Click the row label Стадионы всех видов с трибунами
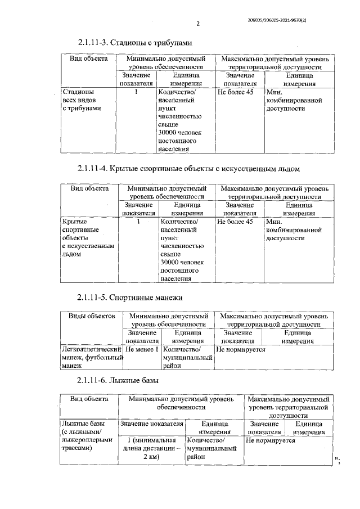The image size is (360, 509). (82, 100)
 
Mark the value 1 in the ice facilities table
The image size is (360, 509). (137, 222)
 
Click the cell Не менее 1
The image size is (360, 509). (142, 349)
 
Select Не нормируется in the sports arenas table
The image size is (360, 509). (241, 349)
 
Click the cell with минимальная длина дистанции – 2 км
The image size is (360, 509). (150, 449)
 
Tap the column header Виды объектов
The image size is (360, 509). (92, 316)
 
